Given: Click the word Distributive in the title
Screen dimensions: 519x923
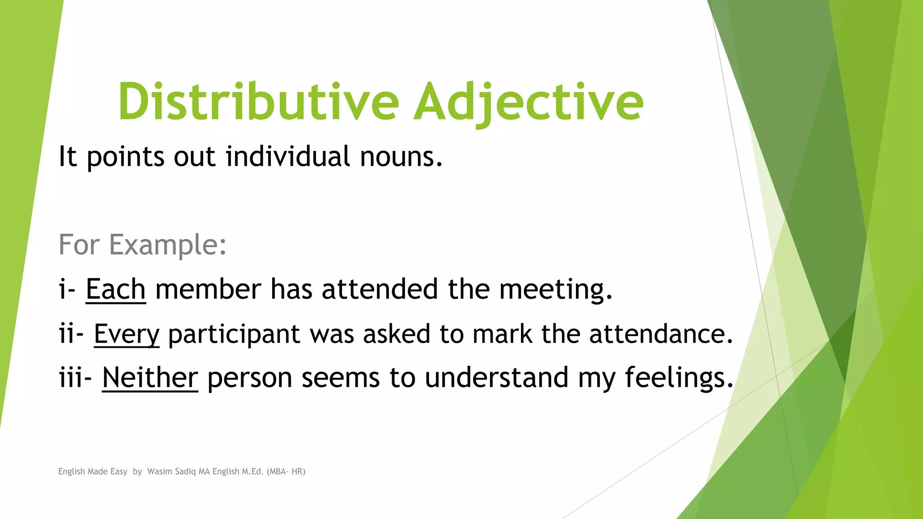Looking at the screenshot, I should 258,102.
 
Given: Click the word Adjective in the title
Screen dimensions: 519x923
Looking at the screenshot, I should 528,102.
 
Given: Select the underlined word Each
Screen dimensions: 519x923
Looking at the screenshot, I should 115,289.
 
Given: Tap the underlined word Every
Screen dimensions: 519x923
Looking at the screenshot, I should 127,334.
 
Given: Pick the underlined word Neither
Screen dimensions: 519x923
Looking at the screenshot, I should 150,378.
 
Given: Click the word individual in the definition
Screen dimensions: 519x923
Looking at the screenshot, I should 288,157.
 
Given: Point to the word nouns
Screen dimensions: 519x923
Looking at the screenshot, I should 401,157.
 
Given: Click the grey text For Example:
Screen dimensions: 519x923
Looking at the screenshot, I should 142,245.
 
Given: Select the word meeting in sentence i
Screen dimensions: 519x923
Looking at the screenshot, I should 555,289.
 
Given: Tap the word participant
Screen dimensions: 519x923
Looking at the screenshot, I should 234,334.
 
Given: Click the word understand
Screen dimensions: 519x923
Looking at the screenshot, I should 496,378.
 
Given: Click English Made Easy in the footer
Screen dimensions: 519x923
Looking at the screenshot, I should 92,472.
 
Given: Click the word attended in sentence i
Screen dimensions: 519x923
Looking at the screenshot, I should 379,289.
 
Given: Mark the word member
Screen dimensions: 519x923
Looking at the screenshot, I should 208,289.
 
